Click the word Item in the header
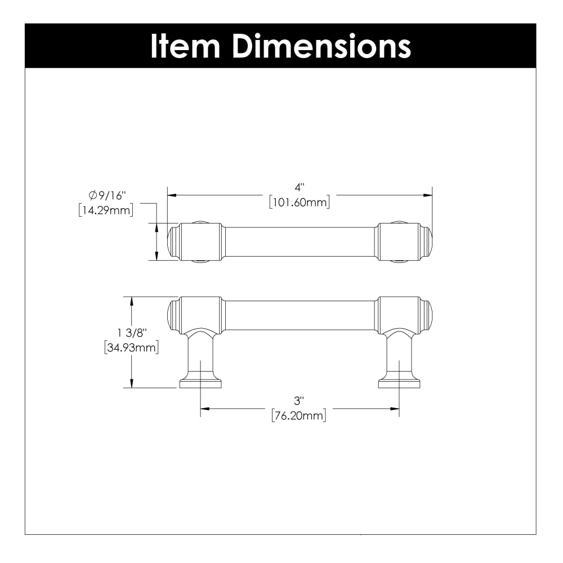[x=185, y=46]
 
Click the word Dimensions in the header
[x=321, y=46]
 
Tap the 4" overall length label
[x=300, y=187]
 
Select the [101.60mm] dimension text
[x=300, y=202]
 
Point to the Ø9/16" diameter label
[x=107, y=195]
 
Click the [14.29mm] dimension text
[x=106, y=210]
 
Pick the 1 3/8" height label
[x=132, y=333]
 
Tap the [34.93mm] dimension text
[x=131, y=347]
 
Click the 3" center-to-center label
[x=299, y=400]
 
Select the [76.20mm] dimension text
[x=299, y=415]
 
